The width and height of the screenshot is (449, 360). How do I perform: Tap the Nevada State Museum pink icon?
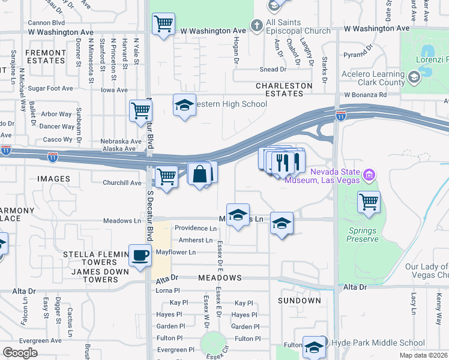pyautogui.click(x=369, y=175)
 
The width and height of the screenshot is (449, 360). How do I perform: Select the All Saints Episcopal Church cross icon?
pyautogui.click(x=256, y=25)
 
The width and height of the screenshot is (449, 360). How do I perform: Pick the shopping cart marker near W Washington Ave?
pyautogui.click(x=163, y=25)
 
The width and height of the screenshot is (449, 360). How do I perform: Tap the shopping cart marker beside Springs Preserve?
pyautogui.click(x=369, y=202)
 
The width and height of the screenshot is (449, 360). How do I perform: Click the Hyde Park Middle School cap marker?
pyautogui.click(x=314, y=346)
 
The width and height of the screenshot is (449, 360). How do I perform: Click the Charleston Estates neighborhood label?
pyautogui.click(x=284, y=89)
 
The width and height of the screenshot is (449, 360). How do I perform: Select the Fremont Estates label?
pyautogui.click(x=45, y=56)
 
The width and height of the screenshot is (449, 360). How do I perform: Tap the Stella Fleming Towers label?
pyautogui.click(x=90, y=258)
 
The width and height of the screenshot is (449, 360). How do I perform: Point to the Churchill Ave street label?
pyautogui.click(x=122, y=183)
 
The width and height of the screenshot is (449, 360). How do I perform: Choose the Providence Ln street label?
pyautogui.click(x=195, y=229)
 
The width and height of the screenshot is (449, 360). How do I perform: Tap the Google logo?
pyautogui.click(x=20, y=353)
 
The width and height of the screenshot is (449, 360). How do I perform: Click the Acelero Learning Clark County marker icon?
pyautogui.click(x=414, y=77)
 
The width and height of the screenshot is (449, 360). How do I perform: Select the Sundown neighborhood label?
pyautogui.click(x=300, y=300)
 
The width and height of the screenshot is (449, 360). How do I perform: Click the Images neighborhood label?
pyautogui.click(x=53, y=179)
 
